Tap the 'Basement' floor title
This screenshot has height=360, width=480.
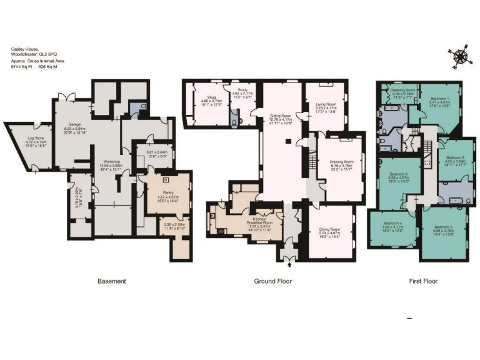pos(111,281)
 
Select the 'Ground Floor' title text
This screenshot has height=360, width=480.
pos(272,281)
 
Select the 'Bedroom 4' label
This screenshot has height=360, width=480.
pos(392,223)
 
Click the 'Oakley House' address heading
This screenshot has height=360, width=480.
pos(25,48)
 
